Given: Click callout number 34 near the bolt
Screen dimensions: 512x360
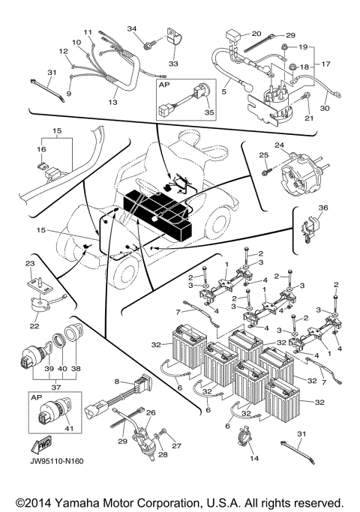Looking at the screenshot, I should click(133, 28).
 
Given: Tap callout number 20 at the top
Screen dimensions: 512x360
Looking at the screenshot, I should click(256, 34).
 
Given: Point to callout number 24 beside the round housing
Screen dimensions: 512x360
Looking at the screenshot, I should click(279, 145).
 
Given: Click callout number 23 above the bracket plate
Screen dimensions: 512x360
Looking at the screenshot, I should click(31, 263).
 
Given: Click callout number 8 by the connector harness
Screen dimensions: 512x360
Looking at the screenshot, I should click(117, 381).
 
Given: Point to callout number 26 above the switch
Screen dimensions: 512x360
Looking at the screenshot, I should click(151, 412).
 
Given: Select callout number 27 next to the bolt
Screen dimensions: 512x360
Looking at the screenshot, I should click(178, 445).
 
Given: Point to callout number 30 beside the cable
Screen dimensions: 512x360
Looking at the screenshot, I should click(325, 108).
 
